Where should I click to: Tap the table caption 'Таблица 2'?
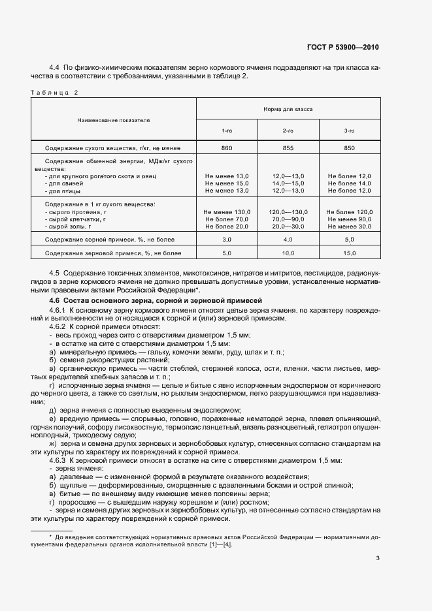pos(54,93)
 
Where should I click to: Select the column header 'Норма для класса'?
pos(288,110)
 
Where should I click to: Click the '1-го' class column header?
pos(227,131)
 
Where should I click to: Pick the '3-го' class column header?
pos(350,131)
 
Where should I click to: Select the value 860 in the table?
pos(227,148)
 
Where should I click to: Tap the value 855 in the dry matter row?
pos(288,148)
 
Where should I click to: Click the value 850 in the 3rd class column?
pos(350,148)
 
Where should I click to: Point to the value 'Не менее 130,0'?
pos(227,212)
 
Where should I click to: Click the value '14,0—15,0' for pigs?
pos(288,183)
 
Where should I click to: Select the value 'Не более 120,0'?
pos(350,212)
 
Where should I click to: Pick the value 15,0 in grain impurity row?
pos(350,253)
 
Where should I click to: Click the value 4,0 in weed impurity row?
pos(288,240)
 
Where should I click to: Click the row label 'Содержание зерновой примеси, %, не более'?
pos(112,253)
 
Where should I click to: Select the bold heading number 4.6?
pos(56,299)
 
